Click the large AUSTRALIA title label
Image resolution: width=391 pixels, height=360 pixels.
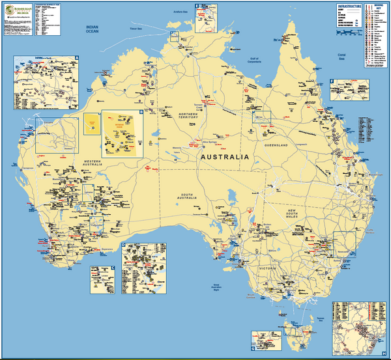pyautogui.click(x=224, y=158)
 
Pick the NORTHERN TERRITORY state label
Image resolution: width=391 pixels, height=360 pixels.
pyautogui.click(x=192, y=117)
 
